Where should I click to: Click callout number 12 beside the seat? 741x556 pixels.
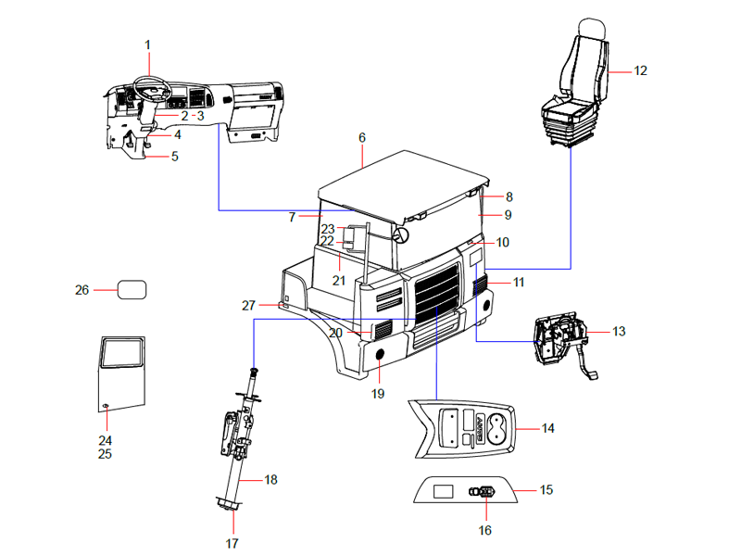coord(641,70)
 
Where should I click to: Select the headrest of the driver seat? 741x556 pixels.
coord(591,31)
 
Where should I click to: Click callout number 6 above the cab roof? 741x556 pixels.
coord(362,137)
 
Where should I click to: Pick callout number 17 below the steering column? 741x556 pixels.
coord(232,542)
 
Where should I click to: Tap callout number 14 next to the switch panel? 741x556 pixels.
coord(548,428)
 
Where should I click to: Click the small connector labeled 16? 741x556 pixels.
coord(484,492)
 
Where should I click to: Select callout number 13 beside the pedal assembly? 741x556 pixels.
coord(619,331)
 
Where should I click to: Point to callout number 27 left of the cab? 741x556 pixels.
coord(248,305)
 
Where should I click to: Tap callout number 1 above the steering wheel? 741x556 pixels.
coord(147,44)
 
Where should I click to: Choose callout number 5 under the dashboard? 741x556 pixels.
coord(174,157)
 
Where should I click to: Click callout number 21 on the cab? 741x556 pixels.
coord(340,281)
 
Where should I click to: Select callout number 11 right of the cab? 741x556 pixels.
coord(519,281)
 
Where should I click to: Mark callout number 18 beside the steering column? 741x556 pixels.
coord(270,479)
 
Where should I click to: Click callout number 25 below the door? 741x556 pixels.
coord(105,454)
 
